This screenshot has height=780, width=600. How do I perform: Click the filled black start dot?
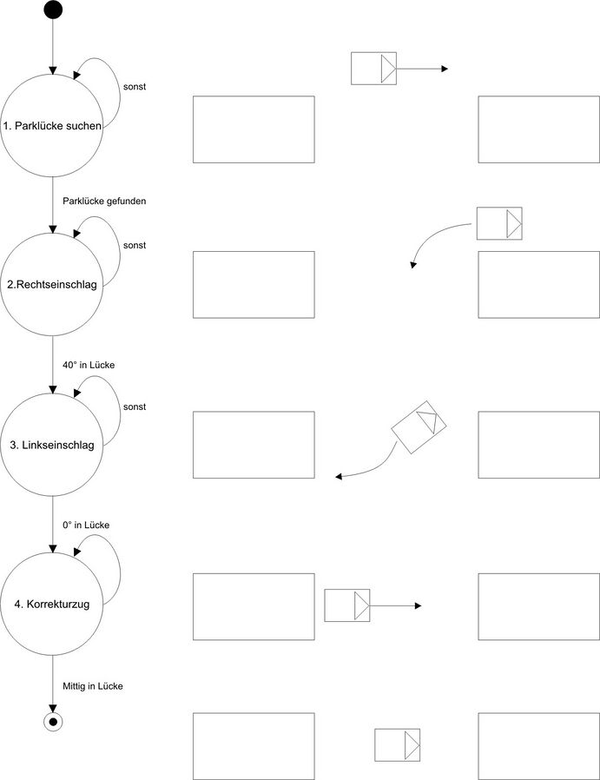click(53, 10)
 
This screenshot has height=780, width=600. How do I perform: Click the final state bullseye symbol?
click(53, 722)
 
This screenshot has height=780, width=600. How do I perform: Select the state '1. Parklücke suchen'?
click(53, 127)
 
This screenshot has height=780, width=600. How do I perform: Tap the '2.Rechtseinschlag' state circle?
click(53, 284)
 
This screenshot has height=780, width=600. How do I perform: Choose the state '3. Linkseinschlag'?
click(53, 446)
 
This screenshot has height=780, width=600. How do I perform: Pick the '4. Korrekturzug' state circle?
click(53, 605)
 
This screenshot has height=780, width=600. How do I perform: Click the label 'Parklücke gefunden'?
click(104, 201)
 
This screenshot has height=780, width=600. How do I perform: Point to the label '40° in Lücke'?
click(89, 365)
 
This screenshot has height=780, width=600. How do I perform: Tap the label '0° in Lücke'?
click(86, 525)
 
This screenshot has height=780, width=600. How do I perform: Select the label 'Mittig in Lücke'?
click(93, 686)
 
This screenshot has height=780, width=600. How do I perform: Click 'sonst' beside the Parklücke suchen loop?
click(135, 86)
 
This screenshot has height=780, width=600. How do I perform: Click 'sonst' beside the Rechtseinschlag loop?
click(135, 245)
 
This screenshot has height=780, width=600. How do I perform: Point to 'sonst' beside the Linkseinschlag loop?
click(135, 407)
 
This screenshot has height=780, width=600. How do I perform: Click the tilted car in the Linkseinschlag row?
click(419, 426)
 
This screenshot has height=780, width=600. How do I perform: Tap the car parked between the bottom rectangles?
click(397, 745)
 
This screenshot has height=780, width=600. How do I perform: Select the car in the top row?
click(373, 68)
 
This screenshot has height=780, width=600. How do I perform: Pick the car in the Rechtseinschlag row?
click(499, 223)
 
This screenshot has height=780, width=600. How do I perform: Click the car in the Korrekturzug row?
click(346, 605)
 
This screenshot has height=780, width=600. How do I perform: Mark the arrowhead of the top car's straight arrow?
click(445, 68)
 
